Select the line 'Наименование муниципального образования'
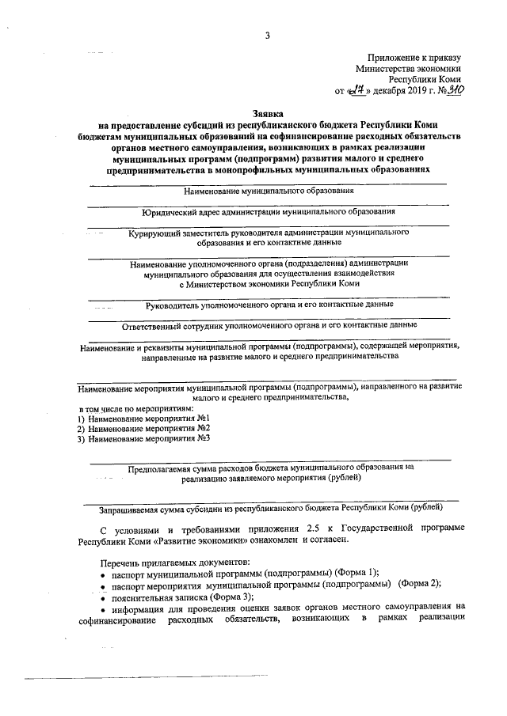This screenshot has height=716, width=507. click(269, 191)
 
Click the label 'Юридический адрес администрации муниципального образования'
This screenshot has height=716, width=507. click(269, 212)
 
